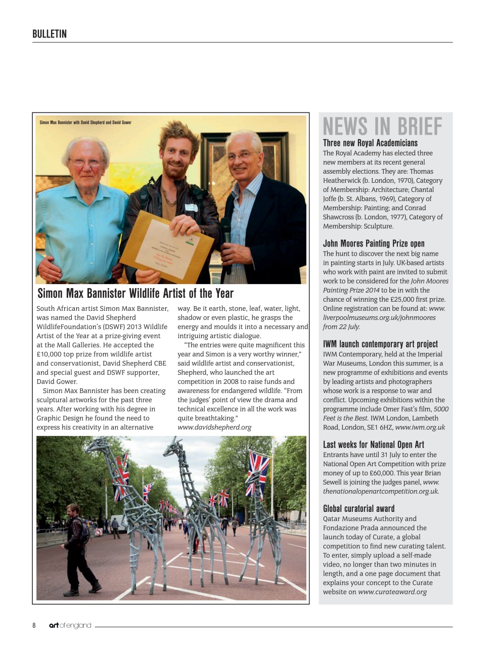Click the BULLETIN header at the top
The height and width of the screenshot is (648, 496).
[50, 34]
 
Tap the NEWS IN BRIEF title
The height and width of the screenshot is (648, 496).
[382, 127]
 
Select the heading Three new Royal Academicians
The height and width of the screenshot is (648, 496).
[370, 143]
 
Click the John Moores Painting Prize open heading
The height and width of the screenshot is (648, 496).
[374, 244]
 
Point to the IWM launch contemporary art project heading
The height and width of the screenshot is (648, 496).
[380, 344]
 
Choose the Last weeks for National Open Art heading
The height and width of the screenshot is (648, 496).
[373, 444]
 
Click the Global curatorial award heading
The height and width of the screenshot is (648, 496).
[358, 509]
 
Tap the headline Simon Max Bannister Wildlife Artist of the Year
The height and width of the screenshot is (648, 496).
[136, 294]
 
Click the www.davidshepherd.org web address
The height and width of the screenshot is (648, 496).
[214, 427]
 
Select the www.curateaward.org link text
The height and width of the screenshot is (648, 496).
[392, 592]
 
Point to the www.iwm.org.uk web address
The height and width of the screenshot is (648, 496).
[420, 427]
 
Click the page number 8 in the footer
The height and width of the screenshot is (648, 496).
[34, 625]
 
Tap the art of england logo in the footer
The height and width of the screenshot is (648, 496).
[70, 625]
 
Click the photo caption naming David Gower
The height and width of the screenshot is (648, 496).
[85, 123]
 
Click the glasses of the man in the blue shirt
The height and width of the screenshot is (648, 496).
[86, 163]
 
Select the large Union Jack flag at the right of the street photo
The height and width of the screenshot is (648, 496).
[258, 473]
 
